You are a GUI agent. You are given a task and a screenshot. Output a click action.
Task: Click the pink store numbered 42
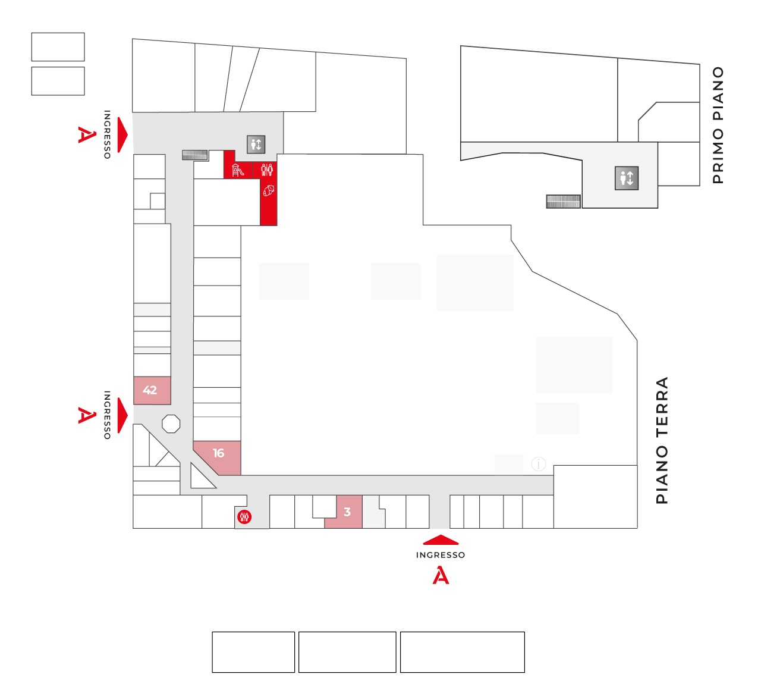point(152,391)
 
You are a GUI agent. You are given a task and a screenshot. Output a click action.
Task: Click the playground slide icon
point(238,170)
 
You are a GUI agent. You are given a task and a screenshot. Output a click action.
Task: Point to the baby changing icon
point(269,190)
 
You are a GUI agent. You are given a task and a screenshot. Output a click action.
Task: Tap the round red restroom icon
point(244,516)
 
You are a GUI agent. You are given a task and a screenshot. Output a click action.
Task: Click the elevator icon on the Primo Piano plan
point(626,178)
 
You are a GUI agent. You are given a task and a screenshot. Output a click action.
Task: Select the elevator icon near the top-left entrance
point(256,144)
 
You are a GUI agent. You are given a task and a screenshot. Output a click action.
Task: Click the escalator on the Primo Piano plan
point(563,202)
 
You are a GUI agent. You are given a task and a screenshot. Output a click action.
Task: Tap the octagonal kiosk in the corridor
point(171,424)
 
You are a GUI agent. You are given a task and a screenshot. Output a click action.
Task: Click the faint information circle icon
point(538,463)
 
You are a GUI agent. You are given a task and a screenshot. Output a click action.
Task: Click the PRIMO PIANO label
point(718,126)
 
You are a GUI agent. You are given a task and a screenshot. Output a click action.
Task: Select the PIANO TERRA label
point(662,440)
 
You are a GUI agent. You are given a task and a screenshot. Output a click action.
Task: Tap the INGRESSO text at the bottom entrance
point(441,555)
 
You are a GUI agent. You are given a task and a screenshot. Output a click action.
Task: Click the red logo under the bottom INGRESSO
point(441,575)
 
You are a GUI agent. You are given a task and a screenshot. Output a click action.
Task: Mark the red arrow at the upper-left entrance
point(122,135)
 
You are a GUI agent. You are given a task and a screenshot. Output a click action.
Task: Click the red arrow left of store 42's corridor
point(122,415)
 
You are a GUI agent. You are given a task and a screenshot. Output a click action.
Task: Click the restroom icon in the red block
point(267,170)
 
